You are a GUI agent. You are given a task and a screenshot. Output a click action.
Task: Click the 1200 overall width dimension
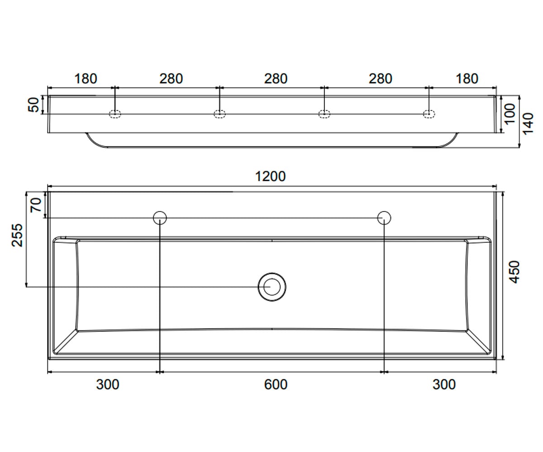coord(271,176)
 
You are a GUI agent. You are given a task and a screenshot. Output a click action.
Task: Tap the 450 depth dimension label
coord(514,272)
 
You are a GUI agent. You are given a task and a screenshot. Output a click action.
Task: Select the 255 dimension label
coord(17,235)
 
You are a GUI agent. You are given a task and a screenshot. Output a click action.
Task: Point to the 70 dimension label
coord(36,205)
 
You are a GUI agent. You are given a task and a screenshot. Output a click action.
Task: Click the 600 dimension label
coord(276,385)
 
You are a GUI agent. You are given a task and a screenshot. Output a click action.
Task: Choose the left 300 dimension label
coord(108,385)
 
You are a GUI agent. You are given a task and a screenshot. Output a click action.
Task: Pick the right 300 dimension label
coord(444,385)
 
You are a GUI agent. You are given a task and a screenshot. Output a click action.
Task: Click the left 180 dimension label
coord(86,79)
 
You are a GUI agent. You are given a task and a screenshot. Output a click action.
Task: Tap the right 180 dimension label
coord(467,79)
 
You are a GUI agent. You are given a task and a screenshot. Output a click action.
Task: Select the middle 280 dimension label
coord(276,79)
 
